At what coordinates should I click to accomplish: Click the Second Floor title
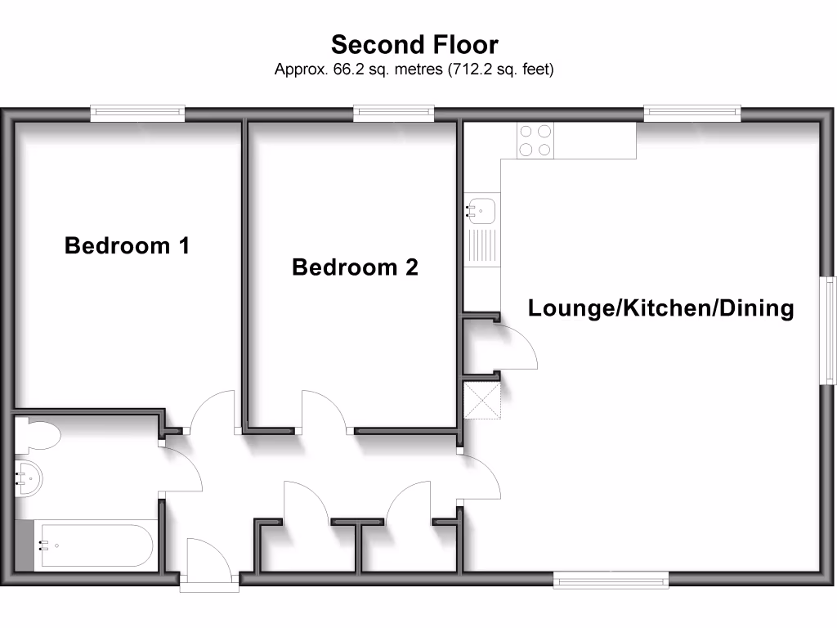click(x=414, y=43)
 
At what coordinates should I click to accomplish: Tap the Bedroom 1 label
click(x=127, y=245)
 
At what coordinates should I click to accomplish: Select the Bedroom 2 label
click(x=355, y=267)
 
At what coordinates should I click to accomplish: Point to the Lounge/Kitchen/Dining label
click(x=660, y=308)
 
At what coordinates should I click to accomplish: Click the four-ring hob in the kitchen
click(x=535, y=139)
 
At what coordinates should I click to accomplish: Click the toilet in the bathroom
click(x=36, y=435)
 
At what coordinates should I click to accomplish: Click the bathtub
click(x=92, y=545)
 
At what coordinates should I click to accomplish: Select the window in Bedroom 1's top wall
click(x=137, y=114)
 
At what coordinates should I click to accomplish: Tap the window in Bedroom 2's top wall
click(x=394, y=114)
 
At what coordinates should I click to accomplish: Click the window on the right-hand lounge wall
click(x=830, y=330)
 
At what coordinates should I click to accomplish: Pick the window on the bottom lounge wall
click(x=611, y=580)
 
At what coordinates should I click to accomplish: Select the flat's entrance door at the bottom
click(x=209, y=564)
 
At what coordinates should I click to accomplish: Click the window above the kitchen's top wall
click(x=692, y=114)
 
